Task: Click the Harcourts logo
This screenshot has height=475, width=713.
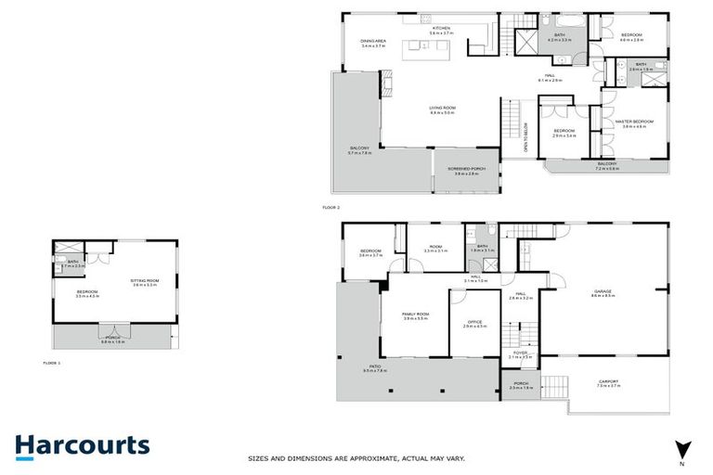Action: coord(82,445)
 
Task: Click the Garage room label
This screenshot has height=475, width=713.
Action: coord(603,292)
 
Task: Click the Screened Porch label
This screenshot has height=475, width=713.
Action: coord(462,171)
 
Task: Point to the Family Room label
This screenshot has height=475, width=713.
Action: coord(413,316)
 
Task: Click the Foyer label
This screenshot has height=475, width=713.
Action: coord(520,353)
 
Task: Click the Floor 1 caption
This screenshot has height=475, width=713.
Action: coord(52,364)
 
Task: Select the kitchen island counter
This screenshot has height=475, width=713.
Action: coord(432,47)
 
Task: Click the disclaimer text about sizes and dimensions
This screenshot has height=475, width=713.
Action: coord(356,457)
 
